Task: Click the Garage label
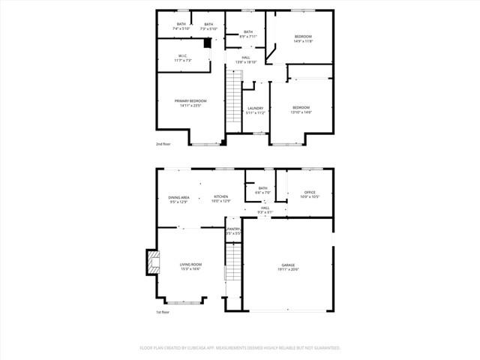(x=288, y=266)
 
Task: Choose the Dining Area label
(x=179, y=199)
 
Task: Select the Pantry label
(x=234, y=231)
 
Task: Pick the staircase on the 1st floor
(x=234, y=264)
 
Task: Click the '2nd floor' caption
(x=163, y=143)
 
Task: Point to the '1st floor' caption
(x=163, y=312)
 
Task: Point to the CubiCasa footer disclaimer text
(x=240, y=348)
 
